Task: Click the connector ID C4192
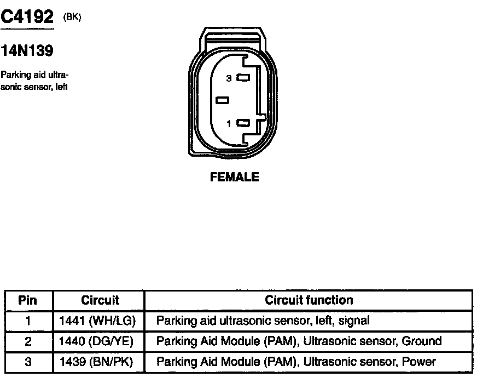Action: pos(27,19)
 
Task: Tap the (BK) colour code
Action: pos(72,17)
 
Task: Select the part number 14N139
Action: pos(27,52)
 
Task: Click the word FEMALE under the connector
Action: pos(234,177)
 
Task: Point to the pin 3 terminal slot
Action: pos(243,78)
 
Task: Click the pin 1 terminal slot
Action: pos(243,123)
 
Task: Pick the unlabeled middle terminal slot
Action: pos(222,100)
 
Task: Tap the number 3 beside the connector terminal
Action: pos(229,78)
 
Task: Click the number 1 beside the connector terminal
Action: pos(229,124)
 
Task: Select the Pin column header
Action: pos(27,300)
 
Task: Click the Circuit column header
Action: pos(100,300)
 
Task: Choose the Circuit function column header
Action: pos(309,300)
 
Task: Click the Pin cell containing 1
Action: pos(28,321)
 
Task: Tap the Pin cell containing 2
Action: pos(28,341)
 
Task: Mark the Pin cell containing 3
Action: pos(28,362)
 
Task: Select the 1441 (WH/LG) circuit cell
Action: pos(97,321)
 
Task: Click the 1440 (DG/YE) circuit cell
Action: pos(96,341)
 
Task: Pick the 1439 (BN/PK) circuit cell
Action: pos(96,362)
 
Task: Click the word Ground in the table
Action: pos(421,341)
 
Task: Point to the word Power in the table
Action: pos(418,362)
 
